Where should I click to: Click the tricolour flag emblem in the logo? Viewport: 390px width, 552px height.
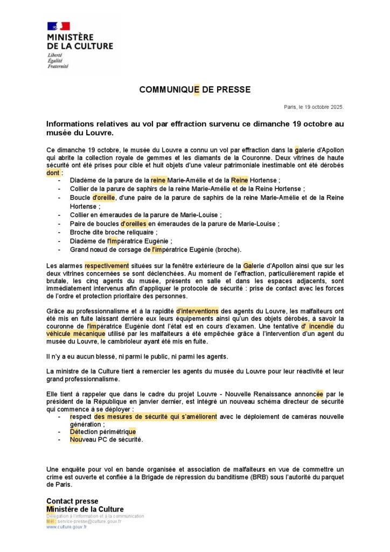click(59, 26)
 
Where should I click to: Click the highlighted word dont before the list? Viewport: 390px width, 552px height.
click(53, 173)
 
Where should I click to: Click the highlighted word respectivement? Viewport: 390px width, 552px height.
click(107, 265)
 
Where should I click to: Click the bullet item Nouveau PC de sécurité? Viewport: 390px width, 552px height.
click(106, 439)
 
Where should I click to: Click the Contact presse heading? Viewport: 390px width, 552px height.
click(72, 501)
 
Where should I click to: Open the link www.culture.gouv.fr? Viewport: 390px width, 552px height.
click(66, 527)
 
